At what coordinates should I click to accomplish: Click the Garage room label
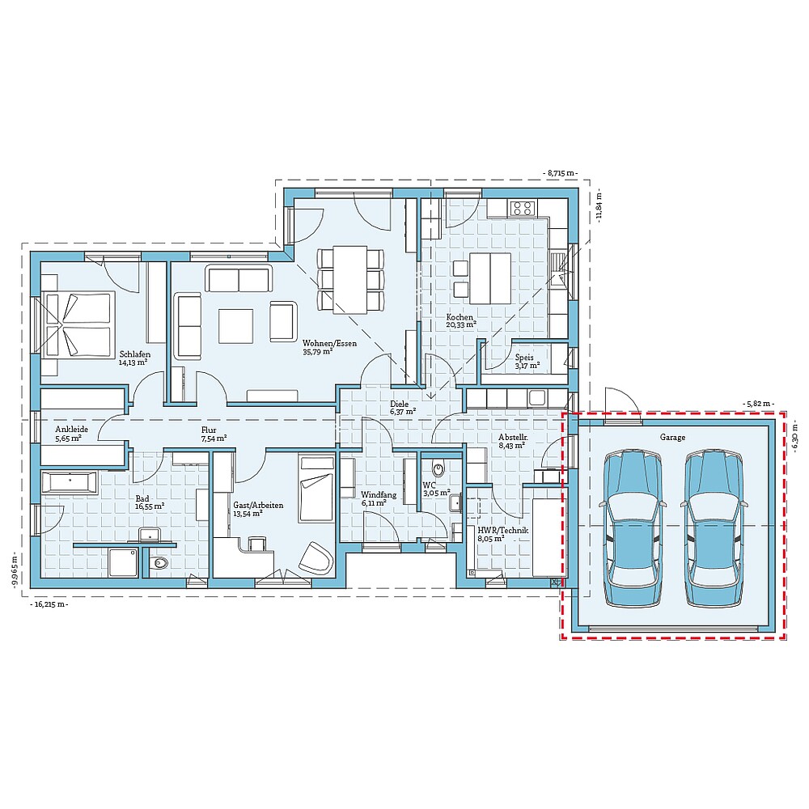pyautogui.click(x=672, y=437)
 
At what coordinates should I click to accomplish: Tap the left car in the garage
pyautogui.click(x=633, y=527)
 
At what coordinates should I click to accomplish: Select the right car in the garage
pyautogui.click(x=714, y=527)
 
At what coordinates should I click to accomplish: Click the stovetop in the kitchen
pyautogui.click(x=522, y=208)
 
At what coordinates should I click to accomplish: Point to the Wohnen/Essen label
pyautogui.click(x=329, y=343)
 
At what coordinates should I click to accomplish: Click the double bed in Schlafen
pyautogui.click(x=78, y=324)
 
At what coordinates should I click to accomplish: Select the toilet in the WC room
pyautogui.click(x=438, y=468)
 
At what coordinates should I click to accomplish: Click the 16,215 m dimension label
pyautogui.click(x=49, y=604)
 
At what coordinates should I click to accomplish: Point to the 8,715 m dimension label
pyautogui.click(x=561, y=173)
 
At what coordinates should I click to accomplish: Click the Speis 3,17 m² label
pyautogui.click(x=527, y=361)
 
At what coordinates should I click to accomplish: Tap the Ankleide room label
pyautogui.click(x=72, y=430)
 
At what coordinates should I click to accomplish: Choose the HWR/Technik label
pyautogui.click(x=502, y=531)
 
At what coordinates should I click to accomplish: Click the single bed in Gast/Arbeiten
pyautogui.click(x=316, y=488)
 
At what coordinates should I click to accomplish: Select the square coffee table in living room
pyautogui.click(x=235, y=325)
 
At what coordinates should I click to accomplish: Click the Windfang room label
pyautogui.click(x=379, y=495)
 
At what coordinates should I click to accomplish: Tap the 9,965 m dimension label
pyautogui.click(x=15, y=572)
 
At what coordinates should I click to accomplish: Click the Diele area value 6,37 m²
pyautogui.click(x=403, y=412)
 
